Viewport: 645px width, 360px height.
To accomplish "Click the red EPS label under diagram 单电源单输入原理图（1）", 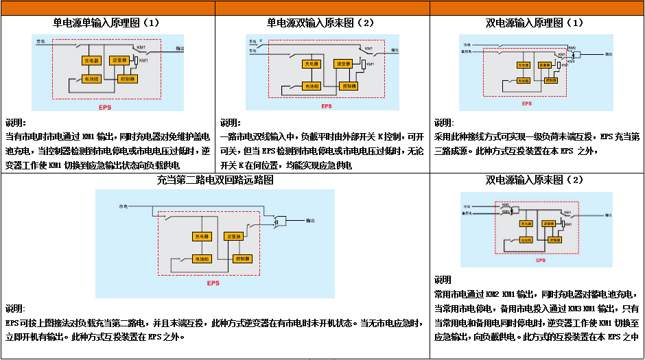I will click(104, 106).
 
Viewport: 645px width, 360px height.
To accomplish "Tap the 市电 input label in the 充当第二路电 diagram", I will click(123, 206).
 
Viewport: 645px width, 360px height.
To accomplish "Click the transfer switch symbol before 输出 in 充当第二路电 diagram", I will click(279, 220).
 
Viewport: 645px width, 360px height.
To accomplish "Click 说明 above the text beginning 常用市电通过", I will click(443, 280).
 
